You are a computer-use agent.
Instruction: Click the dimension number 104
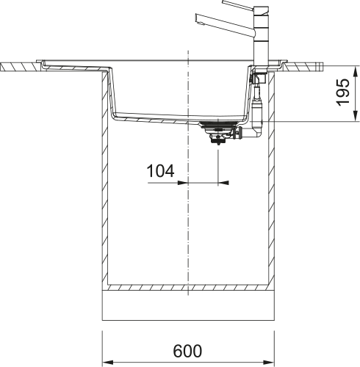(160, 172)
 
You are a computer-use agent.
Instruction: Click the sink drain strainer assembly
(218, 132)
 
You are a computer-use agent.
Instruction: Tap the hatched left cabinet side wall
(104, 183)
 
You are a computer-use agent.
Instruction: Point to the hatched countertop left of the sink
(22, 66)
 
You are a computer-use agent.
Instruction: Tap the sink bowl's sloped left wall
(110, 92)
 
